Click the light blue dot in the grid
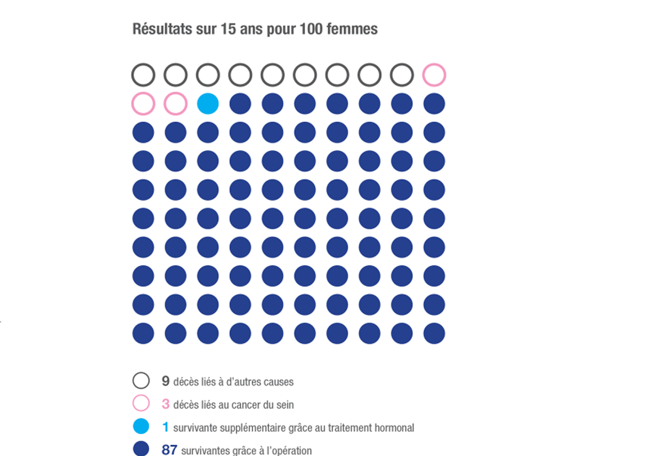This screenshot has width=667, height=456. (208, 104)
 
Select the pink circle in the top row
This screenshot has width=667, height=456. (434, 75)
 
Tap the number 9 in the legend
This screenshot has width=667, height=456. (166, 381)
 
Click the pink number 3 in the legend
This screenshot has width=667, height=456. (166, 404)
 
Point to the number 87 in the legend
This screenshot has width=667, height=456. (169, 450)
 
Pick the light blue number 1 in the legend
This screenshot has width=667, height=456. (166, 427)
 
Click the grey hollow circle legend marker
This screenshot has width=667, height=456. (141, 381)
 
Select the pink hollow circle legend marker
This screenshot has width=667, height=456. (141, 403)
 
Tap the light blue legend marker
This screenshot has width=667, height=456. (141, 426)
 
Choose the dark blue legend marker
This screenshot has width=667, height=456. (141, 449)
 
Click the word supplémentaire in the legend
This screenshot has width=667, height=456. (251, 429)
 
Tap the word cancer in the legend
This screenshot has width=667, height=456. (250, 405)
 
